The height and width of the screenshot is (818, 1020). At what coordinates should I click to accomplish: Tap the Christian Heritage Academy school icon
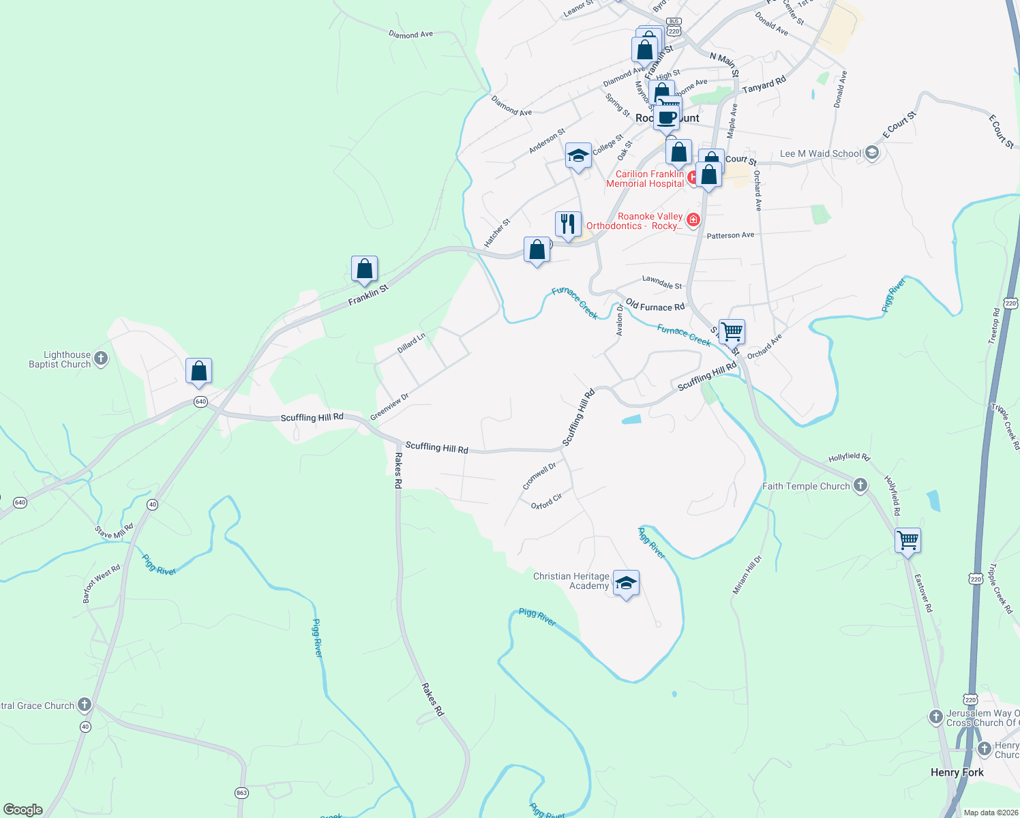coord(626,584)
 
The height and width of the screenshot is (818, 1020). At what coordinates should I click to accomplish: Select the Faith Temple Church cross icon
coord(860,485)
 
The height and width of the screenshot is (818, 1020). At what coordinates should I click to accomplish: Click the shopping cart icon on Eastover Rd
coord(907,541)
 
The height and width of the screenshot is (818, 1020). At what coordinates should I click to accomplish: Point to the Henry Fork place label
coord(957,772)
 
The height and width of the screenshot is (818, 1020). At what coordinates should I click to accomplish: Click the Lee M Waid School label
coord(820,153)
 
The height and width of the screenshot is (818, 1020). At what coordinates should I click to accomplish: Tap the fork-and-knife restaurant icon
coord(567,224)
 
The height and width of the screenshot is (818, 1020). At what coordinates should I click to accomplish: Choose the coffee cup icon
coord(667,117)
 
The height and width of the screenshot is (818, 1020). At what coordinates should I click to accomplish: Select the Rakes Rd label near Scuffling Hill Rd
coord(398,471)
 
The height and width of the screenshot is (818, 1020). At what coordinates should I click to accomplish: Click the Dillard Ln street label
coord(411,342)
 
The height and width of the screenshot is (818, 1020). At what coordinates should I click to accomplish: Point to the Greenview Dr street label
coord(389,407)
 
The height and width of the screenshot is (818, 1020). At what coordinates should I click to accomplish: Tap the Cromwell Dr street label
coord(539,476)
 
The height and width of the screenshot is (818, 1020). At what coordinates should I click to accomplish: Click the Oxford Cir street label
coord(547,501)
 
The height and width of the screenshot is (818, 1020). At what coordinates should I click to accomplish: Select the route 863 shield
coord(241,793)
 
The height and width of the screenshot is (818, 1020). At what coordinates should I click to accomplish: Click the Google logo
coord(22,809)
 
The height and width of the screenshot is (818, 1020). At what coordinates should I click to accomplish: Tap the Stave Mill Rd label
coord(115,530)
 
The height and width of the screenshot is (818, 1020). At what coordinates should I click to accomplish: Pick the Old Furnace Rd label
coord(655,305)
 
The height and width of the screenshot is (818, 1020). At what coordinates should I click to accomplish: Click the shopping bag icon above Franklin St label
coord(365,269)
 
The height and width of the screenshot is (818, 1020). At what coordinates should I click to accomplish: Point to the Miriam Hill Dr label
coord(747,575)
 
